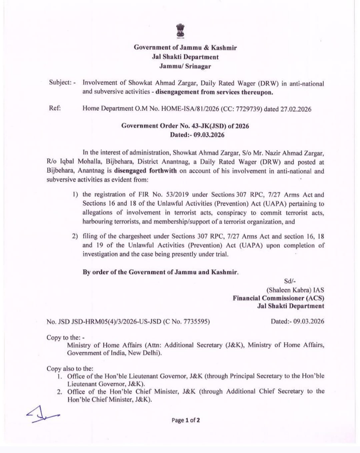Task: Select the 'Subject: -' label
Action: (63, 82)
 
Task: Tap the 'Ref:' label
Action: (55, 108)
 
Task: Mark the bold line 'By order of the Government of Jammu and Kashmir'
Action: (161, 272)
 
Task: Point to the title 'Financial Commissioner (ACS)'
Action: (278, 298)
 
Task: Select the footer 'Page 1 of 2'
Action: (185, 421)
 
